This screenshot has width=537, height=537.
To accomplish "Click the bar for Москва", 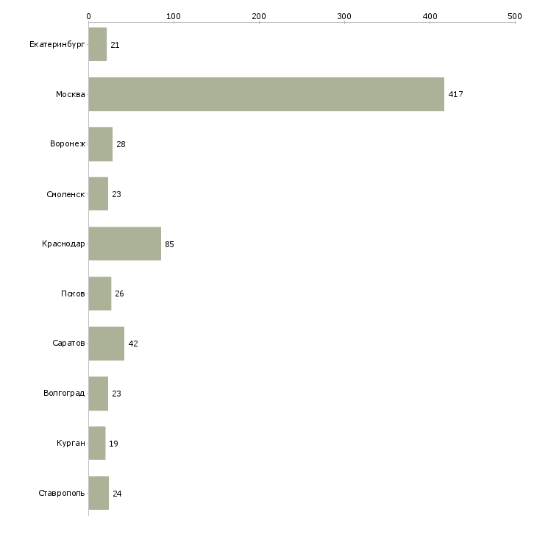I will coord(266,94).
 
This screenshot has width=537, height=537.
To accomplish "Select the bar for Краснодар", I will coord(124,243).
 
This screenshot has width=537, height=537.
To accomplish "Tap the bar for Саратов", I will coord(106,344).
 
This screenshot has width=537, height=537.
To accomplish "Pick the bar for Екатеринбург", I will coord(97,45).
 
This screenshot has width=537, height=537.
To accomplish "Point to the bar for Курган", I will coord(96,443).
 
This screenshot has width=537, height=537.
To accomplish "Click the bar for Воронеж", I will coord(100,144).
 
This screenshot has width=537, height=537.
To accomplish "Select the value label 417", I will coord(455,94).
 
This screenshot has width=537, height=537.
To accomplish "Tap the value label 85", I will coord(169,244).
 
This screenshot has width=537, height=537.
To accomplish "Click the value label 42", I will coord(133,344).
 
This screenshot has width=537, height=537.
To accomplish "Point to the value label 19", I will coord(113,444).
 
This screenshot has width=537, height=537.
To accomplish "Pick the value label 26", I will coord(119,294).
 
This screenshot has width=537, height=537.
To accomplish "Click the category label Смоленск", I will coord(65,194).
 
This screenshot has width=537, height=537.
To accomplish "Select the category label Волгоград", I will coord(64,394).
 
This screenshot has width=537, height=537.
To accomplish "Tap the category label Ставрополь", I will coord(62,493).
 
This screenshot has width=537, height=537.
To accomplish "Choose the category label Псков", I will coord(73,294).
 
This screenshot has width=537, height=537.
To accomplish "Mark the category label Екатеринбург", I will coord(57,45).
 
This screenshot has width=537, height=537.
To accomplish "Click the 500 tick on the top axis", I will coord(515,15).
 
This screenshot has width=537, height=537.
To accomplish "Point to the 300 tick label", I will coord(344,15).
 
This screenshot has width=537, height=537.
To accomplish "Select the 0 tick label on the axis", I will coord(88,15).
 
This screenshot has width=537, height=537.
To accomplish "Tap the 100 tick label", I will coord(174,15).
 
